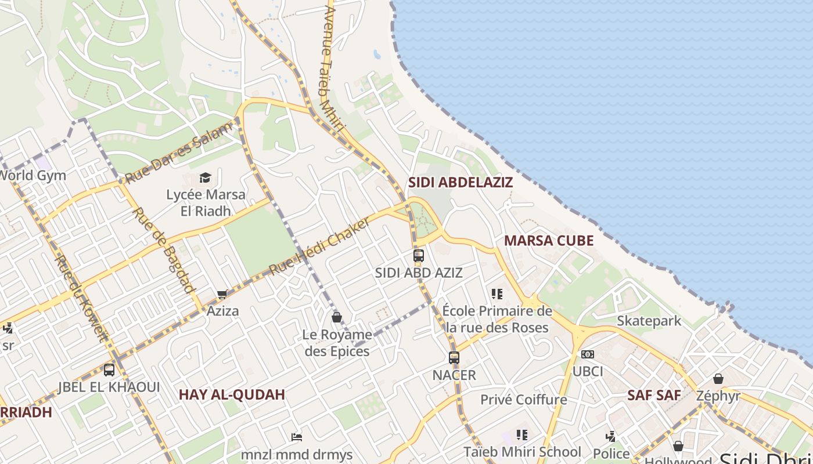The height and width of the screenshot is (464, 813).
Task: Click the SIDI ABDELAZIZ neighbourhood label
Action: (x=460, y=182)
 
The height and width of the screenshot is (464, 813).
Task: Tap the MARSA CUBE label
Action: (x=548, y=241)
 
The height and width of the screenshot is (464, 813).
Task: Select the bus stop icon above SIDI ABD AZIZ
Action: (x=418, y=255)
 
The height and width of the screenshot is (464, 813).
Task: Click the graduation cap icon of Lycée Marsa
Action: (x=205, y=177)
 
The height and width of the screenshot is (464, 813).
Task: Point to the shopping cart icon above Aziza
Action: (x=222, y=295)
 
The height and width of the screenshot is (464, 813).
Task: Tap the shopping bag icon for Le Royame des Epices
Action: (x=336, y=317)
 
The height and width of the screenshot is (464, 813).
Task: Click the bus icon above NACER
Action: (x=454, y=358)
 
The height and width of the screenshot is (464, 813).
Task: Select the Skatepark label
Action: (x=649, y=321)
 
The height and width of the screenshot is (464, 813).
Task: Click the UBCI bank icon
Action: (x=588, y=354)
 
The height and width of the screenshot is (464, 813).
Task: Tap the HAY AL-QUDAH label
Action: (x=232, y=395)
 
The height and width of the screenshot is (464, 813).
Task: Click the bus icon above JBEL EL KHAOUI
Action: (x=109, y=370)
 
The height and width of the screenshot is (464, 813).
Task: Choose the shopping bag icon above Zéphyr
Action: (x=718, y=379)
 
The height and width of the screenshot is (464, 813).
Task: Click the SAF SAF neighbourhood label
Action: (x=653, y=396)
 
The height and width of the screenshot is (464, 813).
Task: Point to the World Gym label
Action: (x=33, y=175)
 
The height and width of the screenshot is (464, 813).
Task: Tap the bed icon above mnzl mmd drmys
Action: (x=297, y=437)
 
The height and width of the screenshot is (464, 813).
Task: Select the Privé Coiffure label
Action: (x=523, y=400)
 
